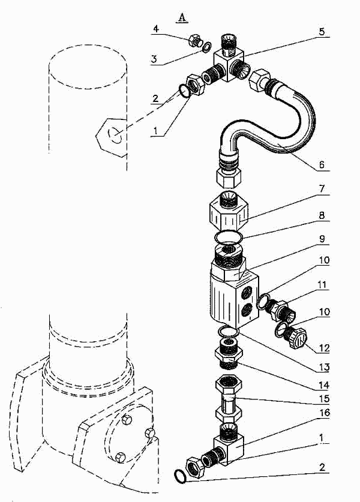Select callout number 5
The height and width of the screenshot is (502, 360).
pos(322,31)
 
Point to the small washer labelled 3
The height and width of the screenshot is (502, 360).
pos(206,47)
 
